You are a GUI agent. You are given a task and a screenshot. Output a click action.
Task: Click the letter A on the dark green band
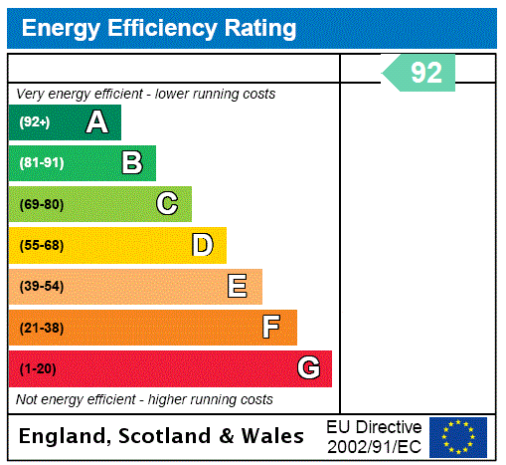point(96,122)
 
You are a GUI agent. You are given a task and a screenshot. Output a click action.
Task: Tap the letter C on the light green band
point(167,204)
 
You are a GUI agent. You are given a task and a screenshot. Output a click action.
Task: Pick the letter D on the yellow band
point(203,245)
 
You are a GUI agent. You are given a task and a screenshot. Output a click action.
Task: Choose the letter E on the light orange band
point(238,287)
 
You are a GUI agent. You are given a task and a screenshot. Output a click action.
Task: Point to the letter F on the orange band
point(271,328)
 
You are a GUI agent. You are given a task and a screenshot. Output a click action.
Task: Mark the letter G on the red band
point(308,368)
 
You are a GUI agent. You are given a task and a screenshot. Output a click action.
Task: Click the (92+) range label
point(35,123)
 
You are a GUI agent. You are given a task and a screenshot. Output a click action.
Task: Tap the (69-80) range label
point(41,205)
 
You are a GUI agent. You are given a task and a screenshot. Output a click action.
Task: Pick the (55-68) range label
point(41,246)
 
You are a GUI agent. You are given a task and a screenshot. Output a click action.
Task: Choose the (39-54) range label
point(41,287)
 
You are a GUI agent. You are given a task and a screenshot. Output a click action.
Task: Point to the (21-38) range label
point(41,328)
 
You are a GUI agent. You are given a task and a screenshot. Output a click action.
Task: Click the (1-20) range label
point(38,369)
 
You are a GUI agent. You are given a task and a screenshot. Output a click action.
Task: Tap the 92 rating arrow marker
point(421,73)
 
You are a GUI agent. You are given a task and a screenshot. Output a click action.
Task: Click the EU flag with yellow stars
point(457,436)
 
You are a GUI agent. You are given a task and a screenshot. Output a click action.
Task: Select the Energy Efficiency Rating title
point(159,29)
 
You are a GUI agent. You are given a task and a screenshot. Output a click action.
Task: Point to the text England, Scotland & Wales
point(162,436)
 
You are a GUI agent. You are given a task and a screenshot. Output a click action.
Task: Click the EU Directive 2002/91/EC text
point(374,436)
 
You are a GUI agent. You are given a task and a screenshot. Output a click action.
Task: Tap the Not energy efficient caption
point(144,399)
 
